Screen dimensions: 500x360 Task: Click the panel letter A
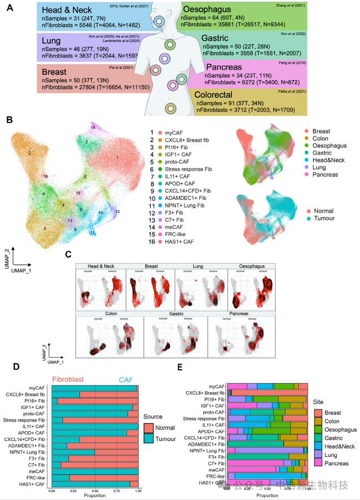9,8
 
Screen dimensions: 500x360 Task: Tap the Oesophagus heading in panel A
233,10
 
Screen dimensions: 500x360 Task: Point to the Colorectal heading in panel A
235,94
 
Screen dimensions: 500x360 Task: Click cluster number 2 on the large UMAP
30,153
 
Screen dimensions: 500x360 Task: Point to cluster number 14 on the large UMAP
93,127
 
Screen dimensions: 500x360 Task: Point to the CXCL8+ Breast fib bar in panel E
267,392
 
